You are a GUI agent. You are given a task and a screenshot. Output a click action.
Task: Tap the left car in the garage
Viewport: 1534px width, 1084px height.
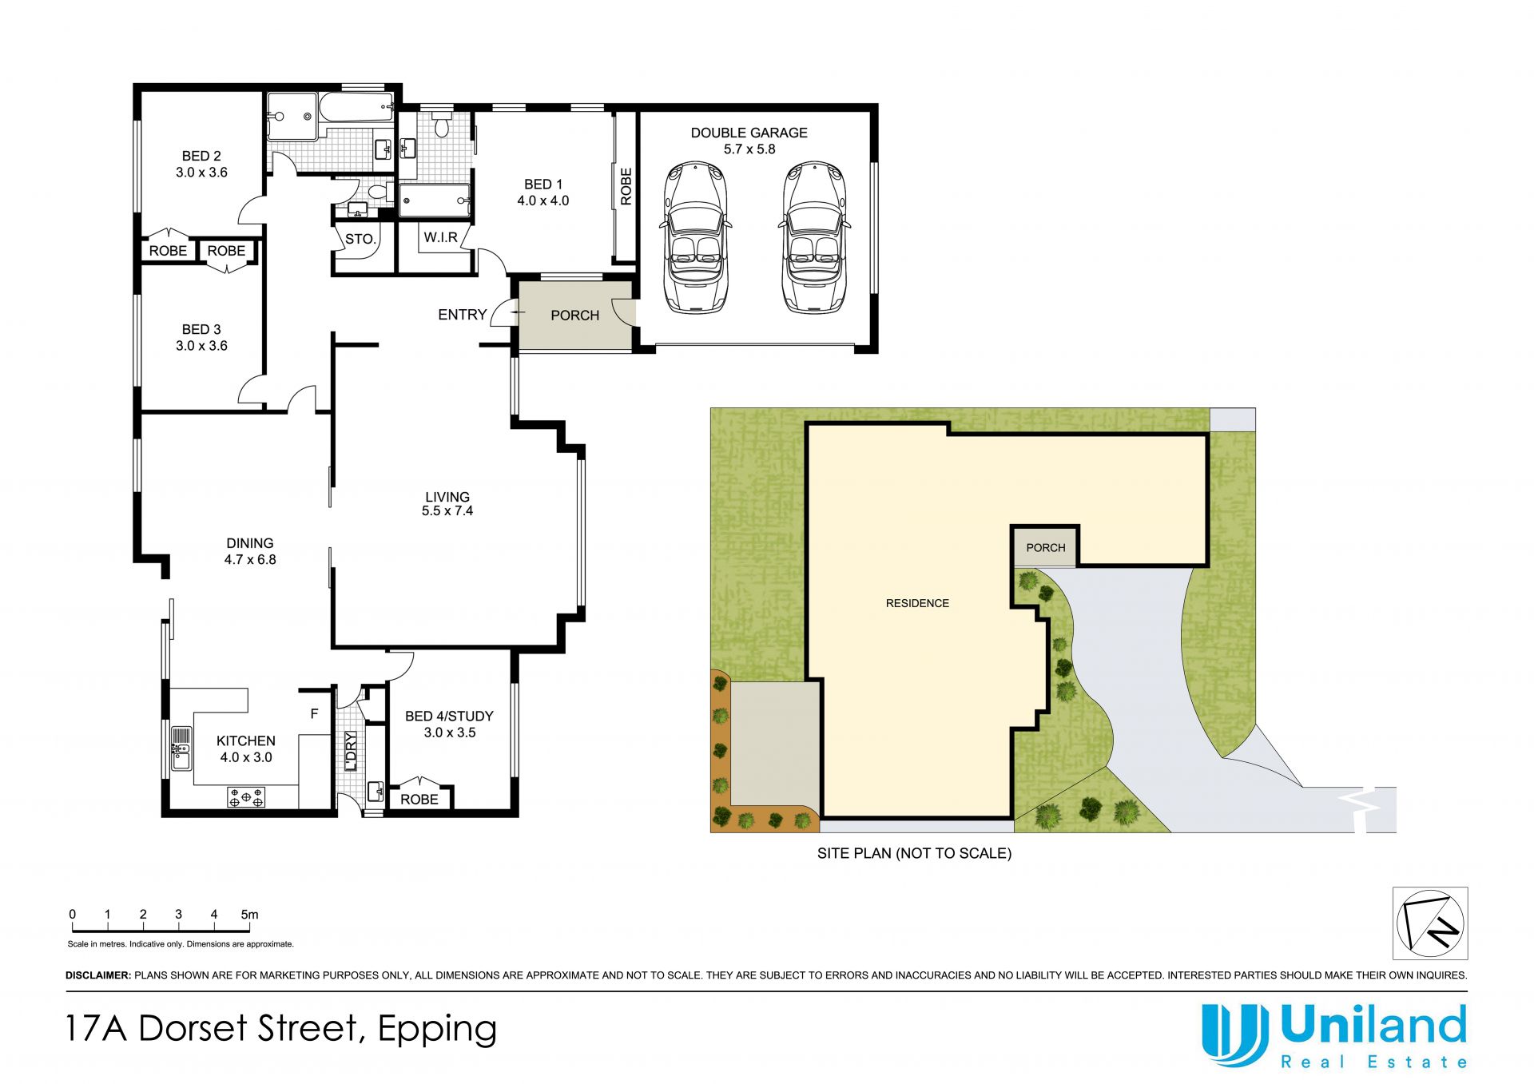click(694, 237)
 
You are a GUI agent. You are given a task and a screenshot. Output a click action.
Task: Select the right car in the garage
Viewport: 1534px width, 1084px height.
click(813, 237)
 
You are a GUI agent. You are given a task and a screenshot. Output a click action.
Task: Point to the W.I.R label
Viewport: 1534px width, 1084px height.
click(441, 237)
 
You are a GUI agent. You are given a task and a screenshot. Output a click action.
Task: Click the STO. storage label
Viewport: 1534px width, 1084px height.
click(360, 239)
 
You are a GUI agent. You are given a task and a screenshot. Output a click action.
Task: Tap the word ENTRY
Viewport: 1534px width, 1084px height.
click(462, 315)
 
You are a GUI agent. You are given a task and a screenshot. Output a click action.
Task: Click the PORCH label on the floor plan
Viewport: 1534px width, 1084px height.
click(574, 316)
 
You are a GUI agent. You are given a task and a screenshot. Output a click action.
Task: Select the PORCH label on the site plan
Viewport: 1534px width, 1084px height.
click(1045, 548)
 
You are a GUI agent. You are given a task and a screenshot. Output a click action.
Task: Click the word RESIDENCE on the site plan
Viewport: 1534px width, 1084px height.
click(917, 603)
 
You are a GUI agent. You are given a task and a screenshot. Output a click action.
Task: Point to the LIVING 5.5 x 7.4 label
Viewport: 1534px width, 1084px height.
click(447, 504)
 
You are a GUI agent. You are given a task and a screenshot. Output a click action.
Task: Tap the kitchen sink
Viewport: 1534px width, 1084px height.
click(181, 748)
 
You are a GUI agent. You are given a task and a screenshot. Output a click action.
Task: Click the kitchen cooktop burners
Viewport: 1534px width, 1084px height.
click(246, 796)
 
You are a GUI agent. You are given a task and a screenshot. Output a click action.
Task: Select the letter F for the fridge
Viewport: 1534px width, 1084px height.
click(314, 714)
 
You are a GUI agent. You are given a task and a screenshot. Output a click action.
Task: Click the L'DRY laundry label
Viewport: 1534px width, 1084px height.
click(351, 750)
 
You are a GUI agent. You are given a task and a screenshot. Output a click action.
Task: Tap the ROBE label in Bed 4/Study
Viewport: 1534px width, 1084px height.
click(419, 799)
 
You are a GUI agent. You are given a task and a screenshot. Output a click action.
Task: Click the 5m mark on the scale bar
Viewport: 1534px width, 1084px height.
click(250, 915)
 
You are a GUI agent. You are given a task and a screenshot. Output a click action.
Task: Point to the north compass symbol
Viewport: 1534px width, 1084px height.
click(1430, 923)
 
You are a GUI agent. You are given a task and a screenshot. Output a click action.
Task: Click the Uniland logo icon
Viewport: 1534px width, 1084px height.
click(1235, 1035)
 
